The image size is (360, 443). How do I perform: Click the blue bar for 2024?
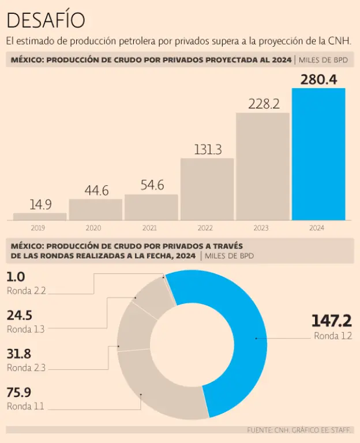coord(318,154)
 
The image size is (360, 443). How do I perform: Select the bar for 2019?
coord(40,217)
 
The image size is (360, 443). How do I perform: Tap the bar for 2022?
coord(207,189)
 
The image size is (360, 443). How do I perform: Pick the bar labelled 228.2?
coord(262,166)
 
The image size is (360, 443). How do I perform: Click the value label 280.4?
coord(318,79)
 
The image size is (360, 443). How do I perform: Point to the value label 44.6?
coord(96,190)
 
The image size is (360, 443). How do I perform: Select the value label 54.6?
coord(152,185)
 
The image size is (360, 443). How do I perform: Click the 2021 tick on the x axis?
coord(151,228)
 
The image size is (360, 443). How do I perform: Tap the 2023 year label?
coord(262,228)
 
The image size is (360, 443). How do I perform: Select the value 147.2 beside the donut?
coord(331,321)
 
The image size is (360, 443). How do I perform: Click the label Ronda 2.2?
coord(26,291)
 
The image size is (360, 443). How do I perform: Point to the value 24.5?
coord(19,316)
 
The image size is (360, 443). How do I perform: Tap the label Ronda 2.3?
coord(26,367)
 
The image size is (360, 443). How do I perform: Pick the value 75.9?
coord(19,393)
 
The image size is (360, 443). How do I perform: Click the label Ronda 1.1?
coord(25,406)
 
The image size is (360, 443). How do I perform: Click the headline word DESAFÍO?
coord(46,20)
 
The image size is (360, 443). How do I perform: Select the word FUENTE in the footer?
coord(260,430)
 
